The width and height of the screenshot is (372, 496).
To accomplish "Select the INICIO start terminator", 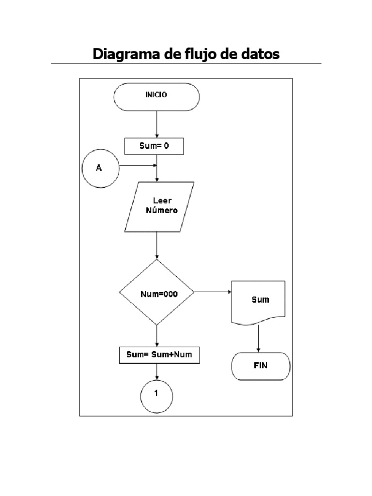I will [x=156, y=96].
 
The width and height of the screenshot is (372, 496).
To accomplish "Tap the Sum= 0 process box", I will [x=154, y=146].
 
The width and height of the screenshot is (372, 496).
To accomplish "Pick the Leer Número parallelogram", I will [x=159, y=207].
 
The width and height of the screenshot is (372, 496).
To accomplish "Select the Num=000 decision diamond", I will [x=156, y=293].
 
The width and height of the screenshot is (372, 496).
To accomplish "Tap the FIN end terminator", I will [x=261, y=366].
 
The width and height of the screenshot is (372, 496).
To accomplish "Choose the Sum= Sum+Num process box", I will [x=159, y=355].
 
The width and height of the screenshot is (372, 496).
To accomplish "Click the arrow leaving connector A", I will [x=138, y=166].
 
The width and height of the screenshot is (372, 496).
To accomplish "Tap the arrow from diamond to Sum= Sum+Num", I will [x=157, y=335].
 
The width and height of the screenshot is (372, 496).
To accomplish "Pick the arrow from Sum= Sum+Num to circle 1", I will [x=157, y=371].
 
